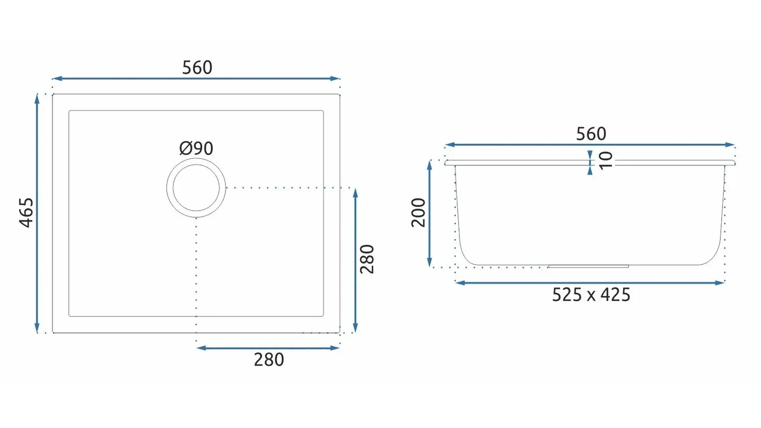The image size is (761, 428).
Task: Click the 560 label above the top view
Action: [x=197, y=68]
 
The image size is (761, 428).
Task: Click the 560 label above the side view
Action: [x=591, y=134]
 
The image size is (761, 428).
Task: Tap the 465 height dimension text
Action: [x=27, y=213]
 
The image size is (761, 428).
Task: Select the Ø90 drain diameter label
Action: [x=196, y=149]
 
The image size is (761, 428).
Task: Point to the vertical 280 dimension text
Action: [x=367, y=259]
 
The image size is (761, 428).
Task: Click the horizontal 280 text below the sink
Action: [x=269, y=360]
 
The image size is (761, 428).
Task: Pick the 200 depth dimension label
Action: [x=418, y=213]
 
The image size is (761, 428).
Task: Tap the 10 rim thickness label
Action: [x=606, y=160]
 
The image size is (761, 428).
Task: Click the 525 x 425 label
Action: [x=591, y=294]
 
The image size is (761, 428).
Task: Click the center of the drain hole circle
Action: [x=196, y=188]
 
